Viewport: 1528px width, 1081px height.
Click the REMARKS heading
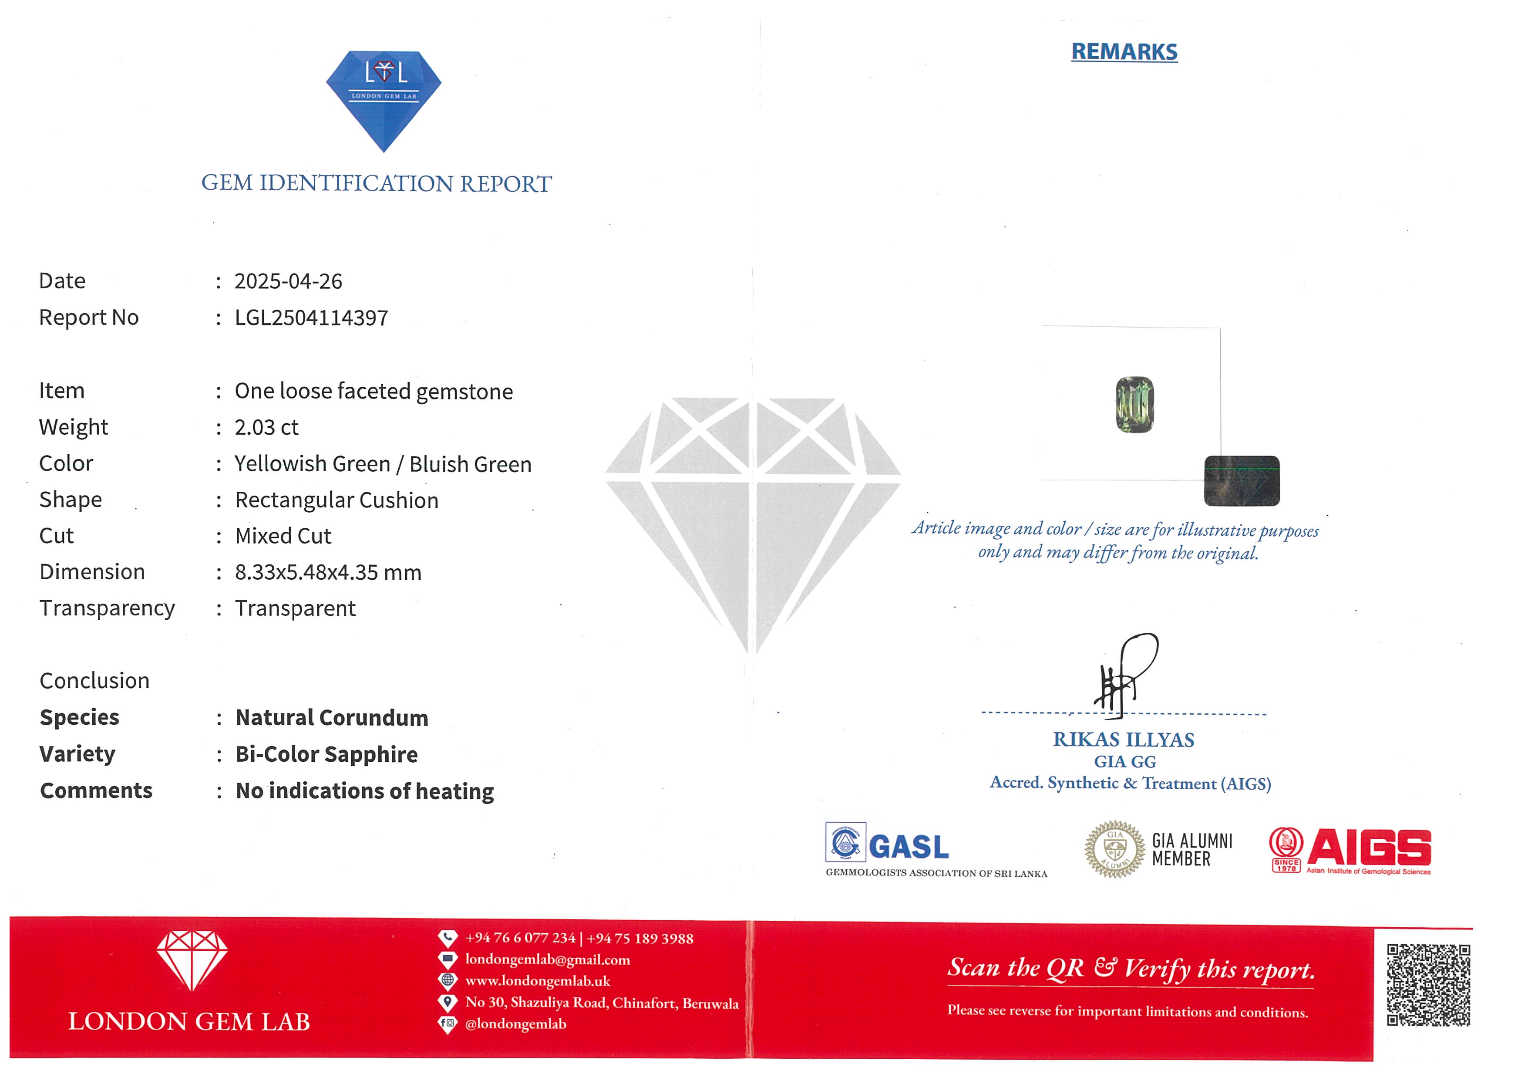(x=1124, y=52)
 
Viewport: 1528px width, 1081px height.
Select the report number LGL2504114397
(x=311, y=318)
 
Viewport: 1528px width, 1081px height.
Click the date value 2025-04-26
(x=288, y=281)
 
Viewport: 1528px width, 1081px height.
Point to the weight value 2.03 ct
(x=266, y=427)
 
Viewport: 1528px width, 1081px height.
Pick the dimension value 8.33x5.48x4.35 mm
(x=328, y=572)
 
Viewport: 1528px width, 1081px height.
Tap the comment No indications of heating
(x=365, y=791)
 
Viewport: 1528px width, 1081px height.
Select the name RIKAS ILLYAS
(x=1124, y=740)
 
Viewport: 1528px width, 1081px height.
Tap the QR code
(x=1428, y=984)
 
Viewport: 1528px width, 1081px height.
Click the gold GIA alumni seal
(x=1115, y=849)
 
